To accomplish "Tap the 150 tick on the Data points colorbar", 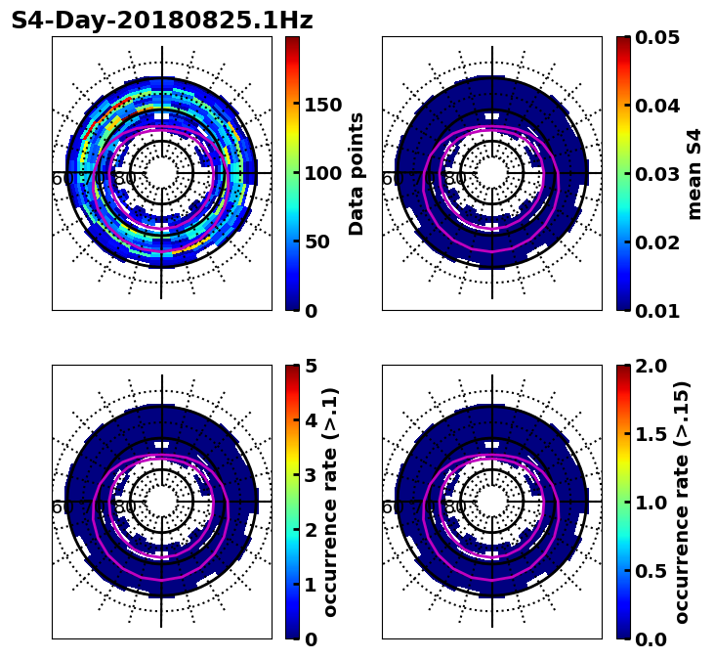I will pos(323,106).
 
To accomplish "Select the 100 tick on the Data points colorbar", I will pos(323,174).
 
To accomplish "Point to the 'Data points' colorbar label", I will pos(357,174).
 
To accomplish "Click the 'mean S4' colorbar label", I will pos(694,174).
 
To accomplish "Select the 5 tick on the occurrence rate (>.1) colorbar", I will pos(311,366).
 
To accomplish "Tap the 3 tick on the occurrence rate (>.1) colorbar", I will pos(311,475).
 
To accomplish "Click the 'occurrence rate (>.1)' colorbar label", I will pos(331,503).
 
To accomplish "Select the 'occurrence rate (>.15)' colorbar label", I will pos(682,503).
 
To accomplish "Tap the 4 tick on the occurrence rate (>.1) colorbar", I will pos(311,420).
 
